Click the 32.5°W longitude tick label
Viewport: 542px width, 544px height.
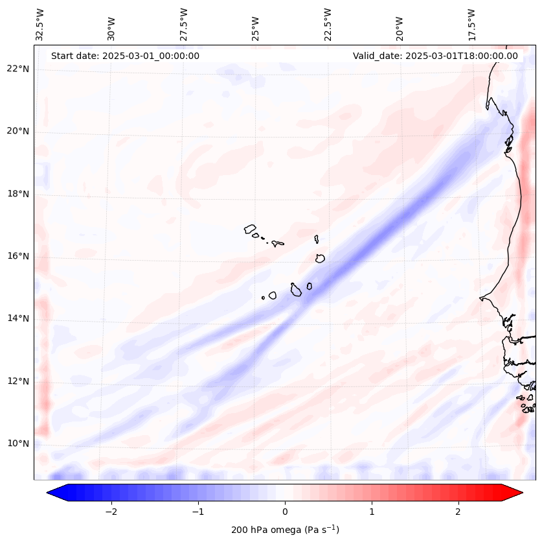tap(40, 25)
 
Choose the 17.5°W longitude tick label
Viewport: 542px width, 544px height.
tap(471, 25)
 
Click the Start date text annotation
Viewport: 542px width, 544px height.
tap(125, 56)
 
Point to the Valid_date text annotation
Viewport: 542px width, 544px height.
tap(435, 56)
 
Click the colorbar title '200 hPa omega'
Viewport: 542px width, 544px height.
tap(285, 530)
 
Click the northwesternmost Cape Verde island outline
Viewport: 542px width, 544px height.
tap(250, 228)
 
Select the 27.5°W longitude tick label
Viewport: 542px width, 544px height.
tap(184, 25)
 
